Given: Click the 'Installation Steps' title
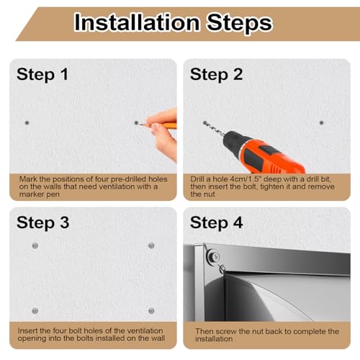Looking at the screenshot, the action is pyautogui.click(x=174, y=22).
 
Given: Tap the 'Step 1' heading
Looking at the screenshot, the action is pyautogui.click(x=42, y=74).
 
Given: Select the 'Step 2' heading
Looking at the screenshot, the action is pyautogui.click(x=216, y=74).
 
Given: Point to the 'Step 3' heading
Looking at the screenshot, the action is pyautogui.click(x=43, y=222).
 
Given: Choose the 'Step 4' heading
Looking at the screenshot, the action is pyautogui.click(x=216, y=222).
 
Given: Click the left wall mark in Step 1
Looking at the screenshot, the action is pyautogui.click(x=27, y=122).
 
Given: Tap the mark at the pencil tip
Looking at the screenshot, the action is pyautogui.click(x=136, y=123).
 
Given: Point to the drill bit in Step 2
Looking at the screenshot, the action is pyautogui.click(x=213, y=129).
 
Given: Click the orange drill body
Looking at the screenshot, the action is pyautogui.click(x=269, y=156).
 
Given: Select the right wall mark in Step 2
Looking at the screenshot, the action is pyautogui.click(x=321, y=123).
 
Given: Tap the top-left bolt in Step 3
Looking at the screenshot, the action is pyautogui.click(x=35, y=246).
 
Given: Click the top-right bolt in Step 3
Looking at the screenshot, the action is pyautogui.click(x=151, y=246).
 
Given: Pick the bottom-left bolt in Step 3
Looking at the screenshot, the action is pyautogui.click(x=35, y=311).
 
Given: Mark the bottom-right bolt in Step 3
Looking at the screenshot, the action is pyautogui.click(x=151, y=311).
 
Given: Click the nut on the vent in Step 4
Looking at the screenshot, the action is pyautogui.click(x=213, y=257).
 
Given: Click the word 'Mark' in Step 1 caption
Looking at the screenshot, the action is pyautogui.click(x=27, y=179).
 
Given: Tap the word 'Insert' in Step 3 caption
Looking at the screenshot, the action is pyautogui.click(x=27, y=330).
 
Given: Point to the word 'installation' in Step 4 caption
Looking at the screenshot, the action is pyautogui.click(x=214, y=339).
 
